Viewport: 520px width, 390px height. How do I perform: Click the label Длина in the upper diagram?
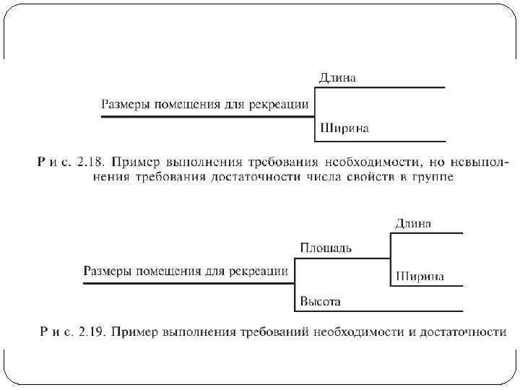pyautogui.click(x=337, y=77)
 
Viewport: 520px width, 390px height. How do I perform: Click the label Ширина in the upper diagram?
pyautogui.click(x=343, y=129)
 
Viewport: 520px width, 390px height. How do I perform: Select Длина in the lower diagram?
pyautogui.click(x=413, y=223)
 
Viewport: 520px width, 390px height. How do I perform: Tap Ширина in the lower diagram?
pyautogui.click(x=420, y=275)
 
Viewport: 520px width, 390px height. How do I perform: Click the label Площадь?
pyautogui.click(x=326, y=248)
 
